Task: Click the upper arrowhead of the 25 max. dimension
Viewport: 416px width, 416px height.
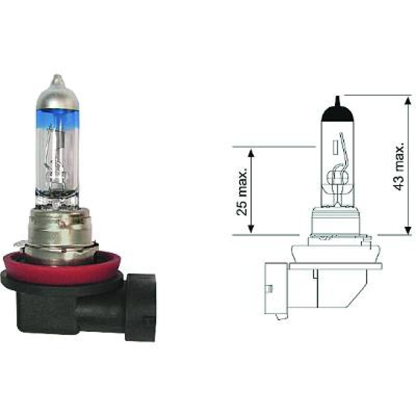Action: pyautogui.click(x=250, y=153)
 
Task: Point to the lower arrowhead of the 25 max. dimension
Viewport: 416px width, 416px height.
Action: pyautogui.click(x=250, y=228)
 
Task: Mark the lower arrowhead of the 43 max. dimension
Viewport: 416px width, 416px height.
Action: pyautogui.click(x=408, y=228)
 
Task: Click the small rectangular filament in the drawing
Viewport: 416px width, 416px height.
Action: pyautogui.click(x=334, y=148)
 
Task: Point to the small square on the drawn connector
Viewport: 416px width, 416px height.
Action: pyautogui.click(x=270, y=288)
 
